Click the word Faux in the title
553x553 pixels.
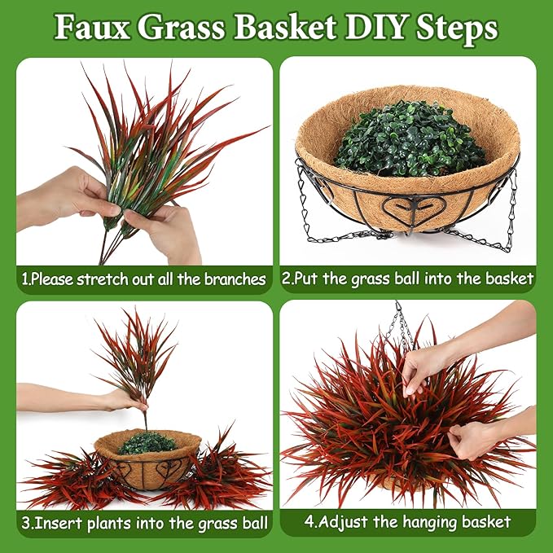click(x=92, y=27)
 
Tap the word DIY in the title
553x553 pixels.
click(x=375, y=27)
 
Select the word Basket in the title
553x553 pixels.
click(x=285, y=27)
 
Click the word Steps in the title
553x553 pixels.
click(x=457, y=29)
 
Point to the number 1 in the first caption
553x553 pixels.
click(x=24, y=279)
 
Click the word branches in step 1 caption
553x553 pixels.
click(x=235, y=279)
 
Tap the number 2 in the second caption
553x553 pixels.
click(x=286, y=279)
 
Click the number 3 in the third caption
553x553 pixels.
click(x=26, y=523)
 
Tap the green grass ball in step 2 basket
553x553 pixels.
click(x=409, y=139)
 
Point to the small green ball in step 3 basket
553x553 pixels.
click(x=147, y=443)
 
